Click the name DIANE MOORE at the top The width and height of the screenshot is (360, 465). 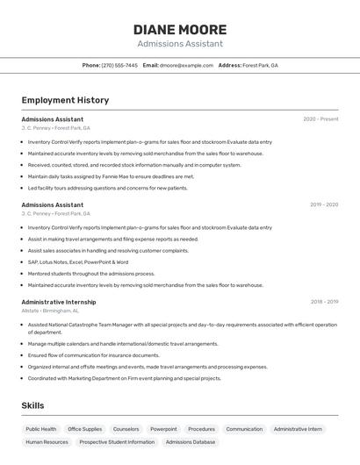[x=180, y=30]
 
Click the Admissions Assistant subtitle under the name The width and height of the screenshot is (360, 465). [x=180, y=44]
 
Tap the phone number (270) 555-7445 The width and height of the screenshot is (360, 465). [x=119, y=66]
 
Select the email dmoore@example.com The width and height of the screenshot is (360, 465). [x=186, y=66]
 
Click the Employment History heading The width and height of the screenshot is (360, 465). [x=65, y=100]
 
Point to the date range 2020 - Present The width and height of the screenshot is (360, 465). [x=320, y=118]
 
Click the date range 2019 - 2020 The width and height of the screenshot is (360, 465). [x=323, y=204]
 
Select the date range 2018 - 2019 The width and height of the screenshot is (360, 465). [x=323, y=301]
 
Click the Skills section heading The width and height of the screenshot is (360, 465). [x=32, y=405]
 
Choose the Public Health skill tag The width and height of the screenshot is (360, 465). [x=41, y=429]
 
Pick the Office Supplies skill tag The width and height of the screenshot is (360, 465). [x=85, y=429]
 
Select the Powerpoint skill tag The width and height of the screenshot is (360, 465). [x=163, y=429]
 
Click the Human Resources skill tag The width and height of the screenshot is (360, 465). [x=47, y=442]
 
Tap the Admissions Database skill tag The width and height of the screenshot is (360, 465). [x=191, y=442]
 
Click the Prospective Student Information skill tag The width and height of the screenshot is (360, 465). [x=117, y=442]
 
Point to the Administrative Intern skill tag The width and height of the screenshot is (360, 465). [x=298, y=429]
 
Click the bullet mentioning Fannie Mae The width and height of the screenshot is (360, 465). [x=111, y=176]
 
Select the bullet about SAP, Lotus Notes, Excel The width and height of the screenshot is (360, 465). [x=78, y=261]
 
